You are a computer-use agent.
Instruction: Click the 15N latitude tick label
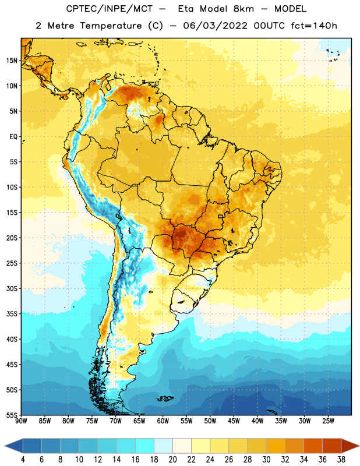click(x=12, y=61)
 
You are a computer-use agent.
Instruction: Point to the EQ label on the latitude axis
click(x=13, y=137)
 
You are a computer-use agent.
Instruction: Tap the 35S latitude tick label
click(x=12, y=314)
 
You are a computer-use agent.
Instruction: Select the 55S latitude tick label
click(x=12, y=415)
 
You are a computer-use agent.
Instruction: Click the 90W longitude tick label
click(x=21, y=421)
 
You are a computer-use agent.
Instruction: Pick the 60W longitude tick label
click(x=163, y=421)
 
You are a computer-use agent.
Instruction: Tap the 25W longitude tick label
click(x=328, y=421)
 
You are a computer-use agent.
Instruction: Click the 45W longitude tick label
click(x=234, y=421)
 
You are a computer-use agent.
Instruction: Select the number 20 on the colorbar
click(x=172, y=460)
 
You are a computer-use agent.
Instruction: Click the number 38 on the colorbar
click(x=341, y=460)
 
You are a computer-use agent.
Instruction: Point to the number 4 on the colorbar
click(x=23, y=460)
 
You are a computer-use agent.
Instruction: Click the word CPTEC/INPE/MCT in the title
click(x=109, y=9)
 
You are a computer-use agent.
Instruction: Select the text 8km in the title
click(x=243, y=9)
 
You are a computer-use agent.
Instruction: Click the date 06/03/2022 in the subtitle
click(x=215, y=26)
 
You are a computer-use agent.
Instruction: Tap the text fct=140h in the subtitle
click(x=314, y=26)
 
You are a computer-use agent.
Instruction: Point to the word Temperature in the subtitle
click(x=111, y=26)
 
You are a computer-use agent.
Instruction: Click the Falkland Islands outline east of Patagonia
click(x=165, y=398)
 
